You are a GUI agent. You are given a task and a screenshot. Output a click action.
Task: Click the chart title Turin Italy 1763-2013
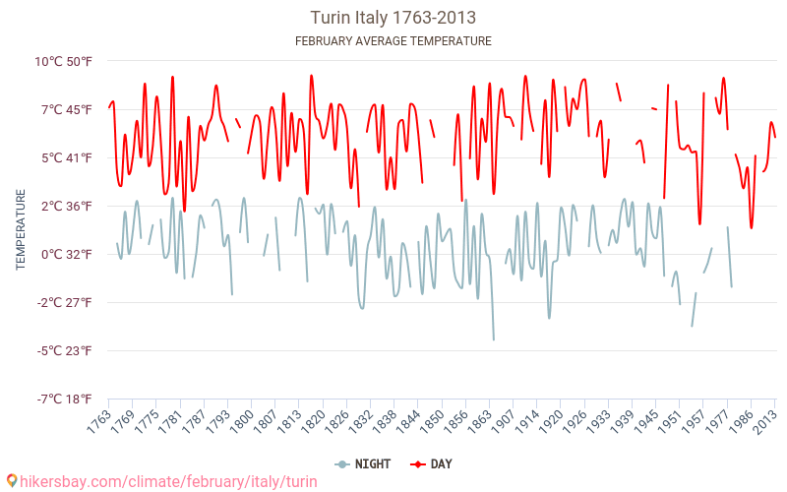click(x=393, y=18)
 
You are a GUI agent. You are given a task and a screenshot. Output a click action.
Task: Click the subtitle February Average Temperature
click(x=393, y=41)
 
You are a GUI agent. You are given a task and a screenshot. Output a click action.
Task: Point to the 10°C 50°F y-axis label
click(x=64, y=61)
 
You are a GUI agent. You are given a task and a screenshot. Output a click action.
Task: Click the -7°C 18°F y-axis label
click(x=65, y=399)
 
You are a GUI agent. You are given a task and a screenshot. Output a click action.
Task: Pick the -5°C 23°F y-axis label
click(x=65, y=350)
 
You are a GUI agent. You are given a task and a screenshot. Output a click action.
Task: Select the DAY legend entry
click(x=432, y=463)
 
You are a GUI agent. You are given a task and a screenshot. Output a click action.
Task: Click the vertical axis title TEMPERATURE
click(x=21, y=230)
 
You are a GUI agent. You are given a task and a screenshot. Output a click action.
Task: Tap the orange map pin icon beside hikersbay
click(x=11, y=481)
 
